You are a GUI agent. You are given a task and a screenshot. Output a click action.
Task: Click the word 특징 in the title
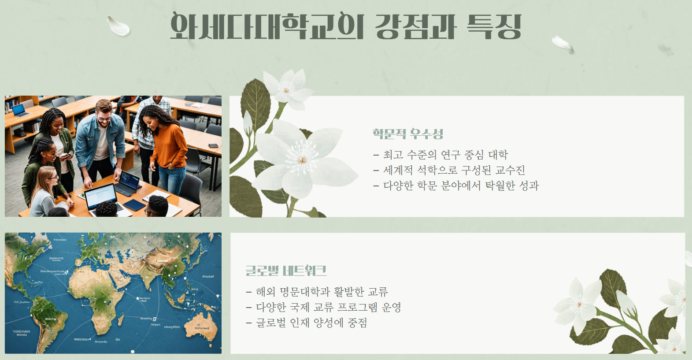(x=494, y=26)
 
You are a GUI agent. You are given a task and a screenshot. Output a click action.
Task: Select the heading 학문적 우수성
(x=408, y=134)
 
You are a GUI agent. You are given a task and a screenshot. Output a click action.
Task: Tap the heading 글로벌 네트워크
(x=286, y=270)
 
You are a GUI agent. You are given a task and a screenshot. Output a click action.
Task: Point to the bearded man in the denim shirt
(x=102, y=137)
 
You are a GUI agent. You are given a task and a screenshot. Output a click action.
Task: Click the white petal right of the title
(x=562, y=44)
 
